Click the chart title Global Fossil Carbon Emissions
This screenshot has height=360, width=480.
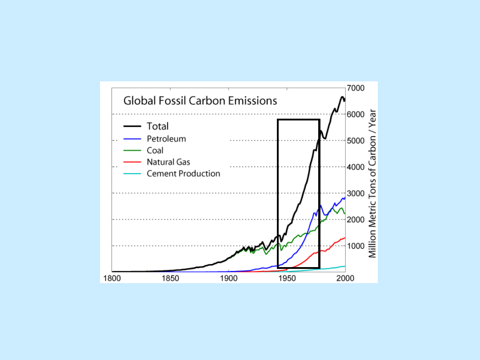click(x=200, y=101)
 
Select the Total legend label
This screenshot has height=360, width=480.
click(x=158, y=127)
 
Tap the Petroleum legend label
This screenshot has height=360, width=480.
click(x=166, y=139)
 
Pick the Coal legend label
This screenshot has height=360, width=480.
click(x=155, y=151)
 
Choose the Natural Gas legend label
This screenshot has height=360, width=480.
click(x=168, y=162)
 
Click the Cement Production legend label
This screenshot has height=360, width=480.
click(x=183, y=174)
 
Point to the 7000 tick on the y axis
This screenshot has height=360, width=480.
click(x=356, y=88)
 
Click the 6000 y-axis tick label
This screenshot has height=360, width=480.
click(x=356, y=114)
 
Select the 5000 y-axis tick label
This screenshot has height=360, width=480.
click(x=356, y=140)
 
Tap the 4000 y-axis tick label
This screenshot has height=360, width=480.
click(x=356, y=167)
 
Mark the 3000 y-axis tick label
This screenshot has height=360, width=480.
click(x=356, y=193)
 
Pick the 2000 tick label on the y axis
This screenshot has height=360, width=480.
click(x=356, y=220)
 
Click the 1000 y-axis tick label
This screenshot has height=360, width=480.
click(x=356, y=246)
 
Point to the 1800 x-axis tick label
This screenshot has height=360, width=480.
click(x=112, y=278)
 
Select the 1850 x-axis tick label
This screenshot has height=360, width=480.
click(x=170, y=278)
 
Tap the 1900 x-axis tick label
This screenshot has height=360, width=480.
click(x=228, y=278)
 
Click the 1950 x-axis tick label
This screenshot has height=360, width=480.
click(x=287, y=278)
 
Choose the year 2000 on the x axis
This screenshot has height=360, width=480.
click(x=345, y=278)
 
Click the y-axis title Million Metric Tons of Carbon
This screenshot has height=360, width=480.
click(x=372, y=183)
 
